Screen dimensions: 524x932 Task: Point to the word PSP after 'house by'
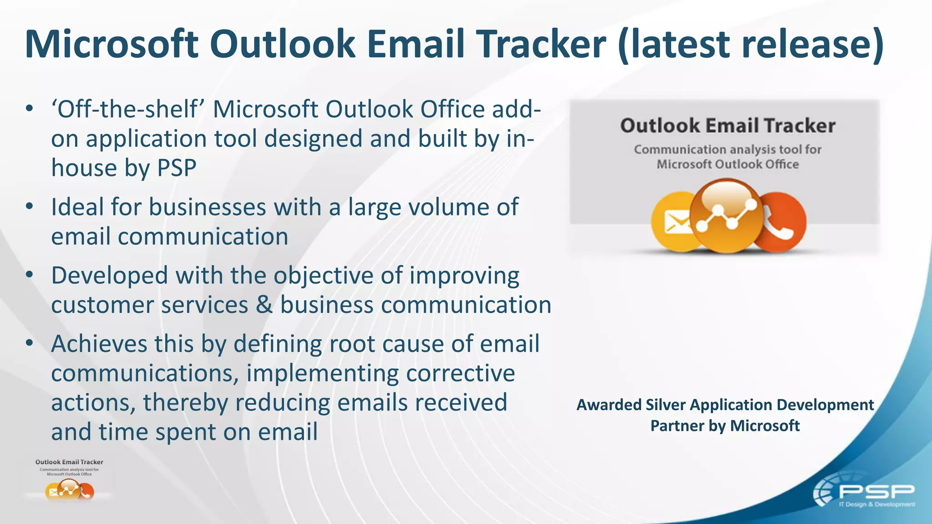(177, 168)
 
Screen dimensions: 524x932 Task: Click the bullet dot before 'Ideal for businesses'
(30, 207)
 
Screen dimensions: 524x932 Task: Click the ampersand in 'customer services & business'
(264, 305)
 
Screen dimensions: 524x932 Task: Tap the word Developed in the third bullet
(109, 276)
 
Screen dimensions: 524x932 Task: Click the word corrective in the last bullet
(460, 373)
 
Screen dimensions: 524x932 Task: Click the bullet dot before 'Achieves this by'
(30, 343)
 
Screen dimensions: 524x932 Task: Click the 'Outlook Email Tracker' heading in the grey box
(727, 126)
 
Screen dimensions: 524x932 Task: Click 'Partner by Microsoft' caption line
(724, 426)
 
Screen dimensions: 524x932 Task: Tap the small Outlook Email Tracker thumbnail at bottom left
(69, 480)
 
